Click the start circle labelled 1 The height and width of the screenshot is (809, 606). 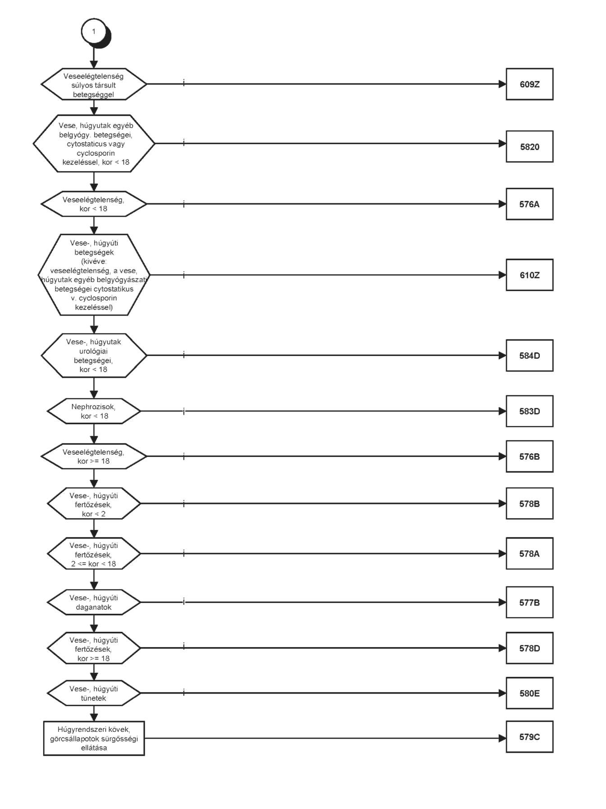pyautogui.click(x=94, y=32)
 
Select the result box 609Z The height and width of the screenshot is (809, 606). pyautogui.click(x=529, y=84)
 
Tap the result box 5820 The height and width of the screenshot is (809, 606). pyautogui.click(x=529, y=146)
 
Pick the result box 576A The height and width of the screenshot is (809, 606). pyautogui.click(x=529, y=204)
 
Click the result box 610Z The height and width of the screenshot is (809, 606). pyautogui.click(x=529, y=275)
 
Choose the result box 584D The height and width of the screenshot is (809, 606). pyautogui.click(x=529, y=356)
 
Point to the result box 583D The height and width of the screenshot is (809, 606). pyautogui.click(x=529, y=411)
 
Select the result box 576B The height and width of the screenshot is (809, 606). pyautogui.click(x=529, y=457)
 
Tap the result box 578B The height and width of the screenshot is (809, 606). pyautogui.click(x=529, y=503)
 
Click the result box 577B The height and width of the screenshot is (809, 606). pyautogui.click(x=529, y=603)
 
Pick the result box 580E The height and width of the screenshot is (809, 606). pyautogui.click(x=529, y=693)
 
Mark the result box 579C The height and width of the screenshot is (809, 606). pyautogui.click(x=529, y=737)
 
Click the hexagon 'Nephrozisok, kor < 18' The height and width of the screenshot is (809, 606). pyautogui.click(x=94, y=411)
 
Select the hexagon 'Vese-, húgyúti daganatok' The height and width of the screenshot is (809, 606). pyautogui.click(x=94, y=602)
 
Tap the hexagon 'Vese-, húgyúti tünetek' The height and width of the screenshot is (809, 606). pyautogui.click(x=94, y=693)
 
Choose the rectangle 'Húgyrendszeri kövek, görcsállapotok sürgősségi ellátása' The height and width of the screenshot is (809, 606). pyautogui.click(x=94, y=738)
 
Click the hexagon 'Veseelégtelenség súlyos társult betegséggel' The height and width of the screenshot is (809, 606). pyautogui.click(x=94, y=84)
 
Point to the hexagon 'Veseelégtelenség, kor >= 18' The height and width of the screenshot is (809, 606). pyautogui.click(x=94, y=456)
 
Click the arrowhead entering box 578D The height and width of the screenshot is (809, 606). pyautogui.click(x=502, y=648)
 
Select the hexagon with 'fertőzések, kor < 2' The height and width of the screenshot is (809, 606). pyautogui.click(x=94, y=503)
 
